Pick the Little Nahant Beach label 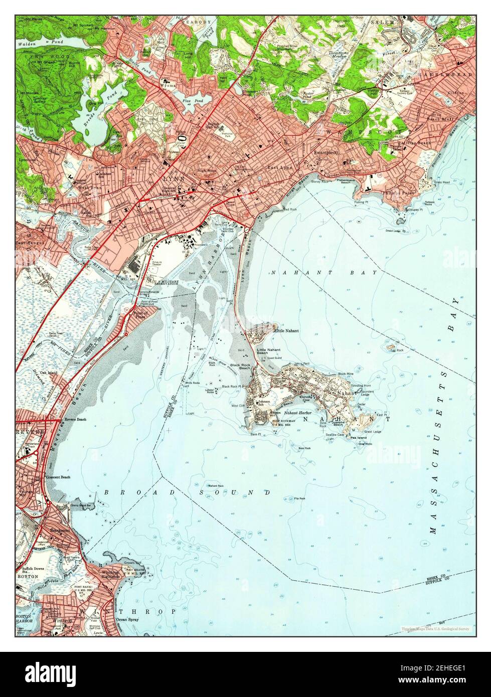point(268,352)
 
